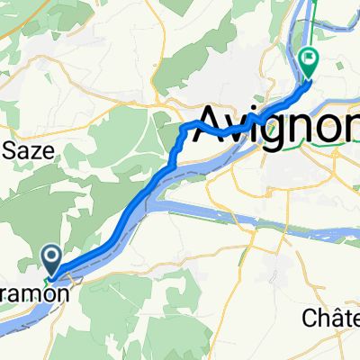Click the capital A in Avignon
[213, 121]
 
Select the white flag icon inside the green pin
[310, 59]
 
